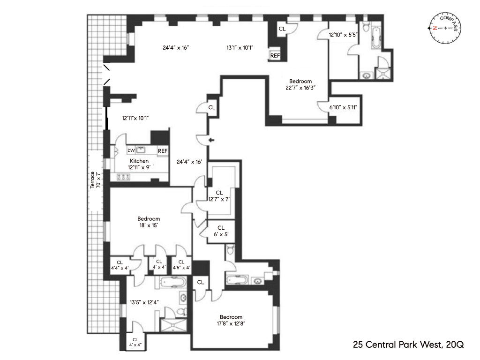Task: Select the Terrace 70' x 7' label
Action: (95, 180)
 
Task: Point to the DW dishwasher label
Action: (131, 150)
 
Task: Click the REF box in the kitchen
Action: (163, 151)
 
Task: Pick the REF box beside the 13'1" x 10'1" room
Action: (275, 55)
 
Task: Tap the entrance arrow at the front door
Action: (212, 140)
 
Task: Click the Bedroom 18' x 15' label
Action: (149, 222)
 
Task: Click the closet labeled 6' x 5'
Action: (221, 231)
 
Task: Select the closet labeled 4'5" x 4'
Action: (181, 265)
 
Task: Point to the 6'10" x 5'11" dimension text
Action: (344, 107)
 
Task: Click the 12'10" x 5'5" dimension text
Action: (343, 35)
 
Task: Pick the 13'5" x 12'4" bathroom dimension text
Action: (143, 302)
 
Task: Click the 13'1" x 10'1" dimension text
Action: (240, 47)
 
